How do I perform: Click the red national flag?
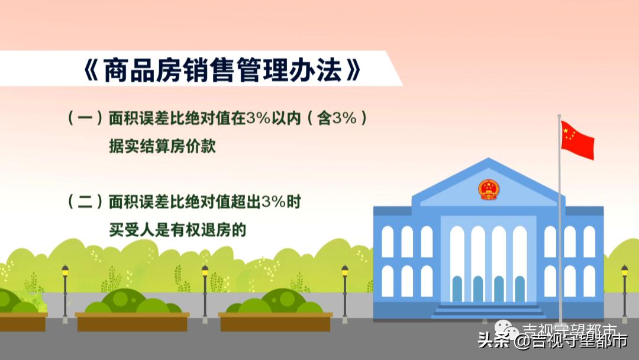click(x=577, y=140)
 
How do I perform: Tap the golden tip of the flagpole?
click(x=559, y=116)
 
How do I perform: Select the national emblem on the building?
click(x=489, y=189)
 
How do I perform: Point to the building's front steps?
click(x=488, y=310)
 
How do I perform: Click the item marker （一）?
click(x=86, y=118)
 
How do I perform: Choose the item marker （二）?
click(x=86, y=202)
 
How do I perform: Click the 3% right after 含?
click(x=344, y=118)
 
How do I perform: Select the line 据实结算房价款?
click(x=162, y=146)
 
